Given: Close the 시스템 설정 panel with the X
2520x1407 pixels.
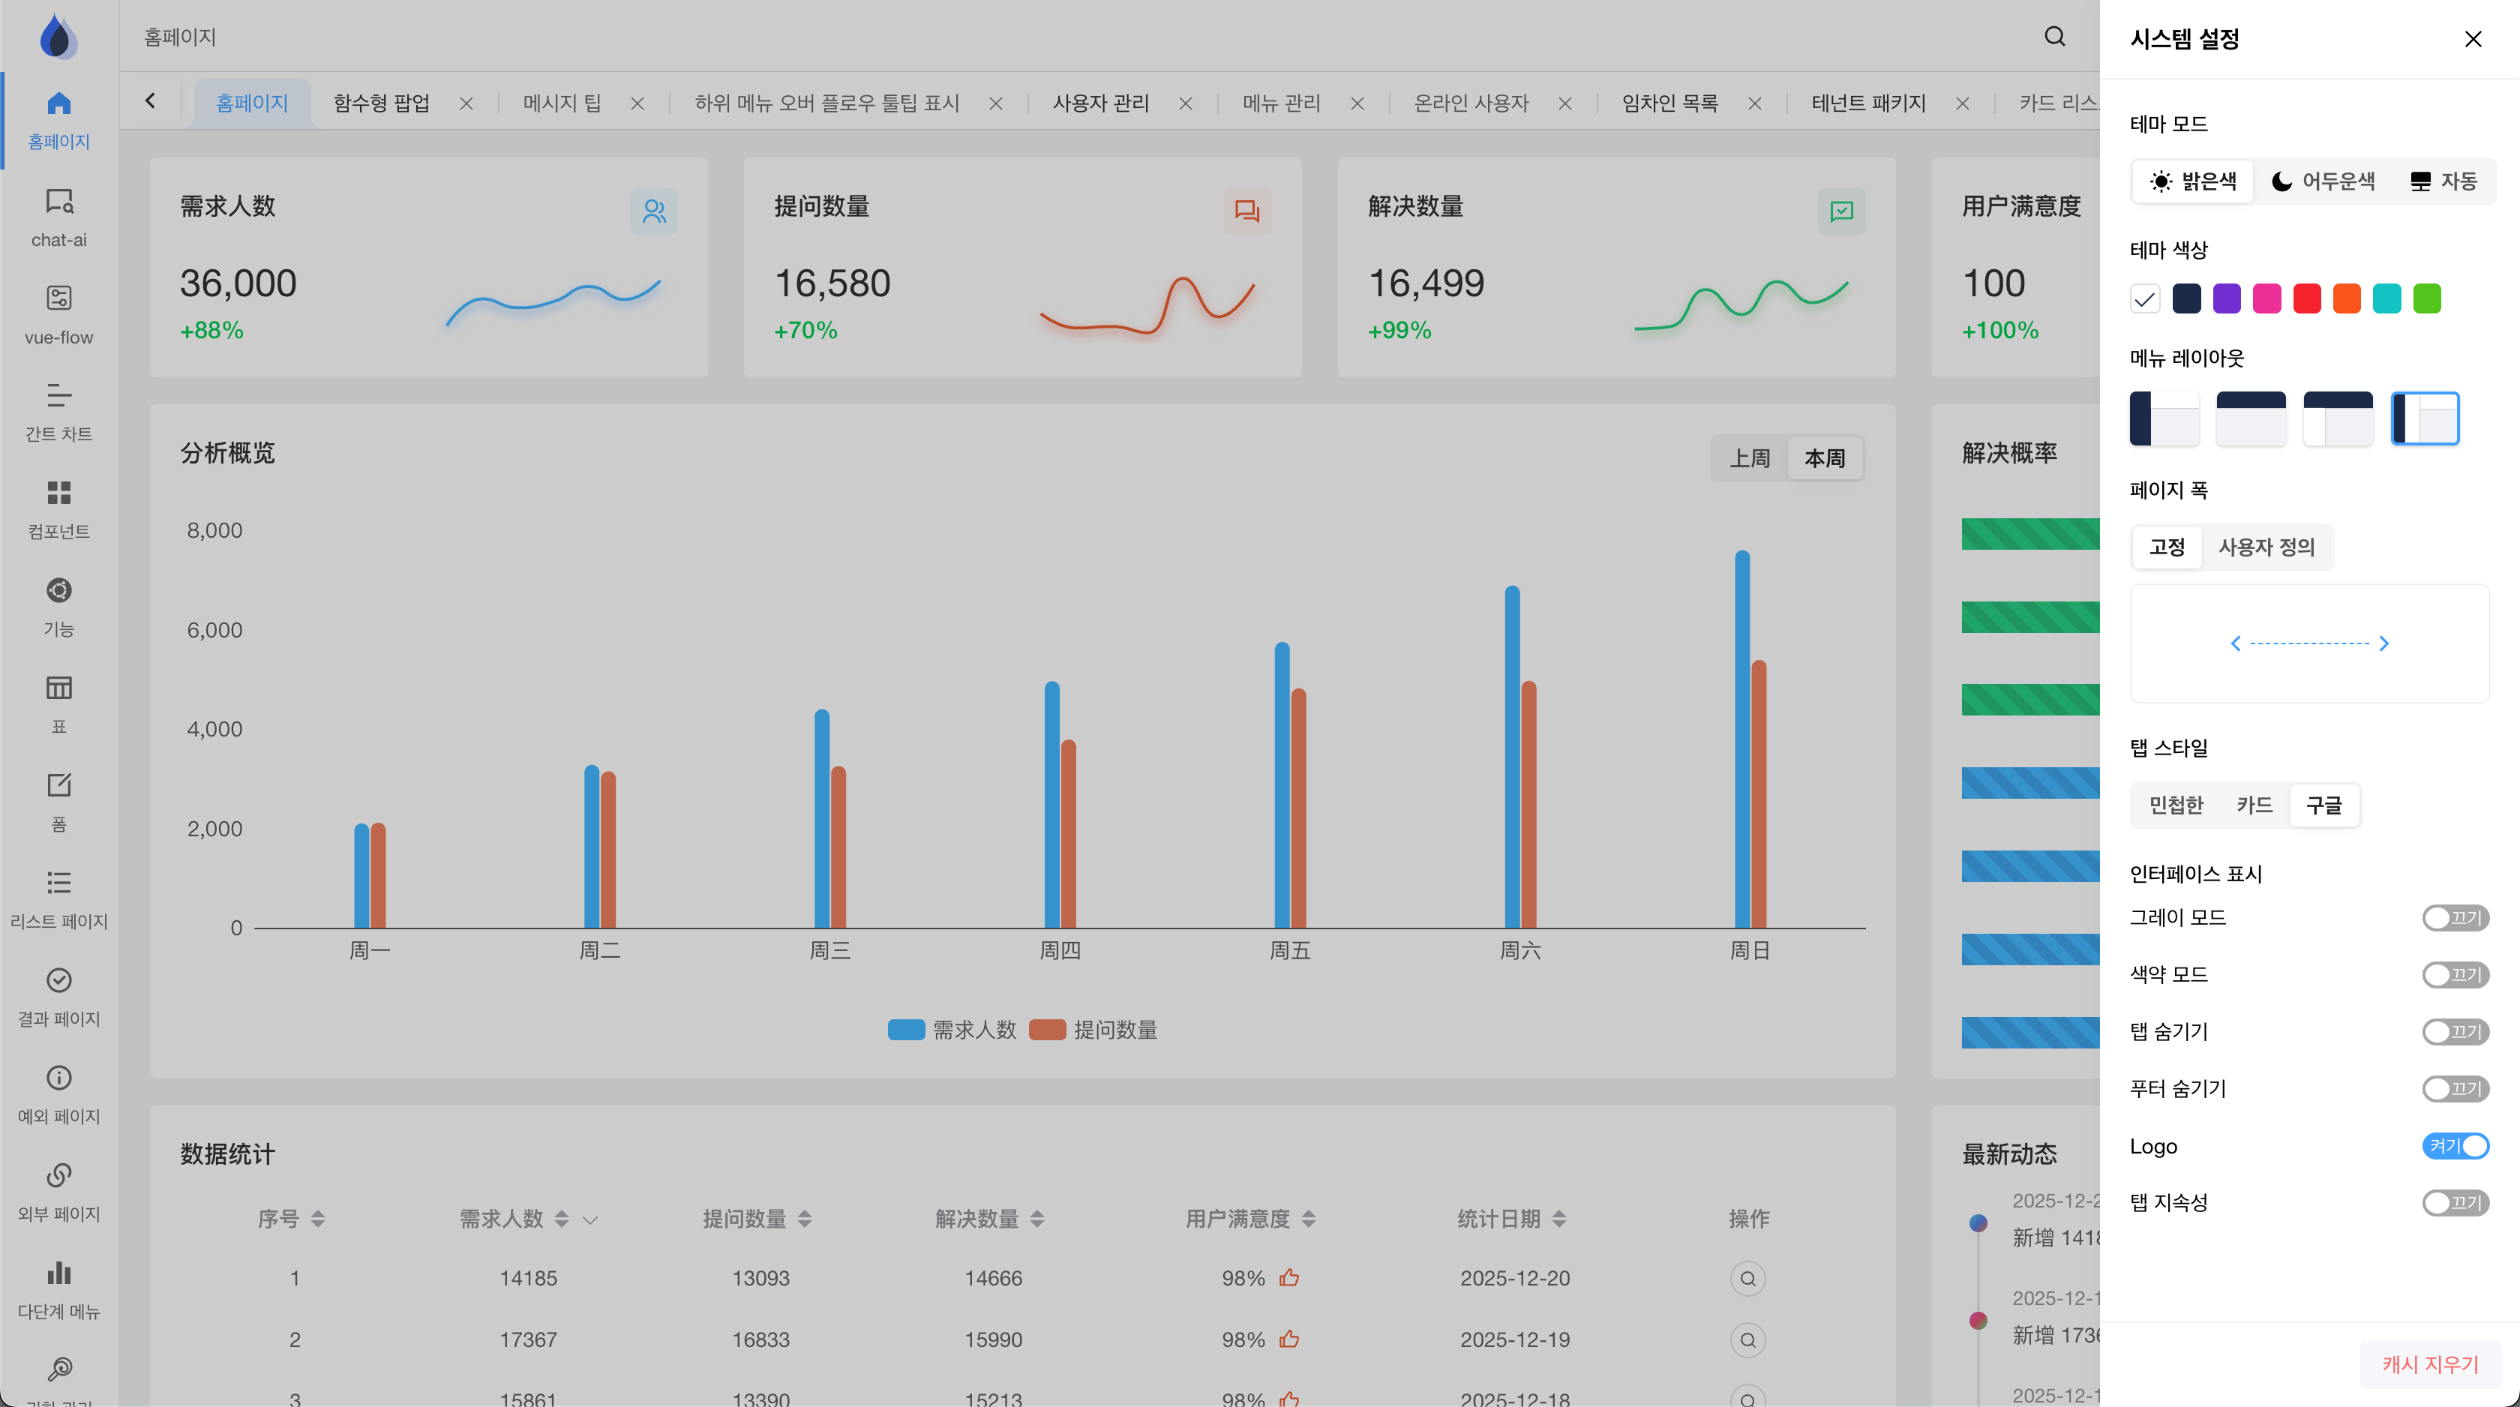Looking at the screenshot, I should pos(2472,39).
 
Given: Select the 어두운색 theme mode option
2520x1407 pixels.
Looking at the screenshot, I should pos(2323,181).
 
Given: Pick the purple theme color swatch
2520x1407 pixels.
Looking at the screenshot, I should pos(2227,298).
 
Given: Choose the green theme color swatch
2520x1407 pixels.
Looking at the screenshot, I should pos(2426,298).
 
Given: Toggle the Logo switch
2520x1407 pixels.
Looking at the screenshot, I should pos(2455,1146).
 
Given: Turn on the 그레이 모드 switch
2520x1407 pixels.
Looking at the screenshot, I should pos(2455,918).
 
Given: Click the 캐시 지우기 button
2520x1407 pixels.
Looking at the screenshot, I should pos(2430,1364).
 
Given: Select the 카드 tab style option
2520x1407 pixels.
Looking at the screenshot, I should pos(2254,805).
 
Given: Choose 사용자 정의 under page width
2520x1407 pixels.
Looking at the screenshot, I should pos(2266,547).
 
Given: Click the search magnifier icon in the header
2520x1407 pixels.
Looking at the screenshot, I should pos(2054,37).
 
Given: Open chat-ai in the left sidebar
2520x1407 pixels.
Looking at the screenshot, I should pos(58,217).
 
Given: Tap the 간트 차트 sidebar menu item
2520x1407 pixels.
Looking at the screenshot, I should pos(58,412).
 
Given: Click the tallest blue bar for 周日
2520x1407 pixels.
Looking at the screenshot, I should pos(1741,739).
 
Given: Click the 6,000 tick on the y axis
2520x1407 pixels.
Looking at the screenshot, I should pos(214,630).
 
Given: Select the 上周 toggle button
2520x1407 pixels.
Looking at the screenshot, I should pos(1749,458).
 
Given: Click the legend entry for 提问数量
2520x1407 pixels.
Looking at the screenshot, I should pos(1093,1029).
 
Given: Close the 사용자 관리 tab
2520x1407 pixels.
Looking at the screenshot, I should pos(1185,103).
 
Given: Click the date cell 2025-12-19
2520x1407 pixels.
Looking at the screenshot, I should pos(1514,1339).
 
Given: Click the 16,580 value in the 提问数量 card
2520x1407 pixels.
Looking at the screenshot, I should pos(832,283).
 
